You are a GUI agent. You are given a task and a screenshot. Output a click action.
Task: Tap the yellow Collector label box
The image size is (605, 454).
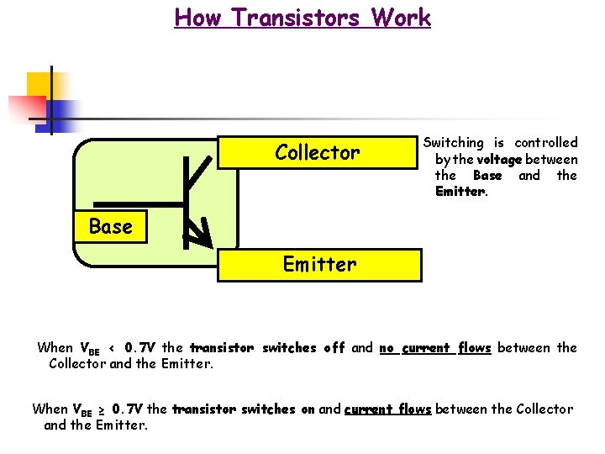pos(318,153)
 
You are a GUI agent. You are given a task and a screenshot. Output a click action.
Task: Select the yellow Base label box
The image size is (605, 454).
pos(110,227)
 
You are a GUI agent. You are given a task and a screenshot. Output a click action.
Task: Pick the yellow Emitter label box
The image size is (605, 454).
pos(319,265)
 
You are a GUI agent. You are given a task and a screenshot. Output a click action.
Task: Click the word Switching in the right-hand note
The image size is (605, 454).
pos(454,143)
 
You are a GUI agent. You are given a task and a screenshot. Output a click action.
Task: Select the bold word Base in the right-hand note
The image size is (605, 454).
pos(487,175)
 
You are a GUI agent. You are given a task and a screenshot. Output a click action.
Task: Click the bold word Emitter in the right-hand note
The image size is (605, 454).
pos(460,191)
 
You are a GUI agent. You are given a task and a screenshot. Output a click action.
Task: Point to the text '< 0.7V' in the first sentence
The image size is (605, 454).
pos(134,347)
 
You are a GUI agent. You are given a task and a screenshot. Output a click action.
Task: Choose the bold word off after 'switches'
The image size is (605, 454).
pos(334,347)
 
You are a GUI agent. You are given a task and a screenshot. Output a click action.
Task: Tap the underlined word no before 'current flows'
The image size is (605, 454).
pos(387,347)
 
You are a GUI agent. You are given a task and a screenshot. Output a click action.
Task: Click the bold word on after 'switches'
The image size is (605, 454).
pos(308,409)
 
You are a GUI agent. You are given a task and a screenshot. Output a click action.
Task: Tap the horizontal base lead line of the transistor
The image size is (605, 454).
pos(138,204)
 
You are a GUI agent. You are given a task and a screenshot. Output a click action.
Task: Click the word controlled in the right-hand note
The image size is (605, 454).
pos(546,143)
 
